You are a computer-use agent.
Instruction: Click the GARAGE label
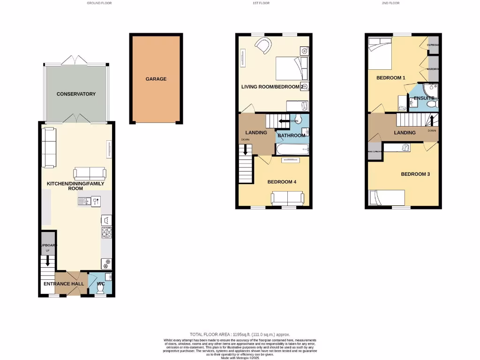(156, 79)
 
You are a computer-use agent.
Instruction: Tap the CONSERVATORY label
(76, 94)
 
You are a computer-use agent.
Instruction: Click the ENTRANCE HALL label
(64, 284)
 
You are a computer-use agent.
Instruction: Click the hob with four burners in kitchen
(106, 232)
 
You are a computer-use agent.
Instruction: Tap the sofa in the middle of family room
(90, 173)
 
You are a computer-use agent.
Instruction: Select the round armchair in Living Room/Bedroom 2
(263, 46)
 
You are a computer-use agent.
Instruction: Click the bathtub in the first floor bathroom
(292, 150)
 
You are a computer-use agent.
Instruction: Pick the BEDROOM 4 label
(282, 182)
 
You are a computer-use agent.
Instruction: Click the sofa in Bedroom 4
(287, 198)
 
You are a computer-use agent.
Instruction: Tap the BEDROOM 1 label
(390, 78)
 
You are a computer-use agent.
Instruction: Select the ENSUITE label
(424, 98)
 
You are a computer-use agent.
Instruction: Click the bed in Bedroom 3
(387, 197)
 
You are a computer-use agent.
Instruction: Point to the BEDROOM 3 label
(415, 174)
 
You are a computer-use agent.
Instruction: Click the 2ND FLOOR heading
(390, 3)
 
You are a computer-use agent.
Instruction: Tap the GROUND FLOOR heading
(99, 3)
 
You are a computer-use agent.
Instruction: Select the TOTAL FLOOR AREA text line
(240, 334)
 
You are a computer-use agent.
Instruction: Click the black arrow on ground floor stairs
(47, 262)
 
